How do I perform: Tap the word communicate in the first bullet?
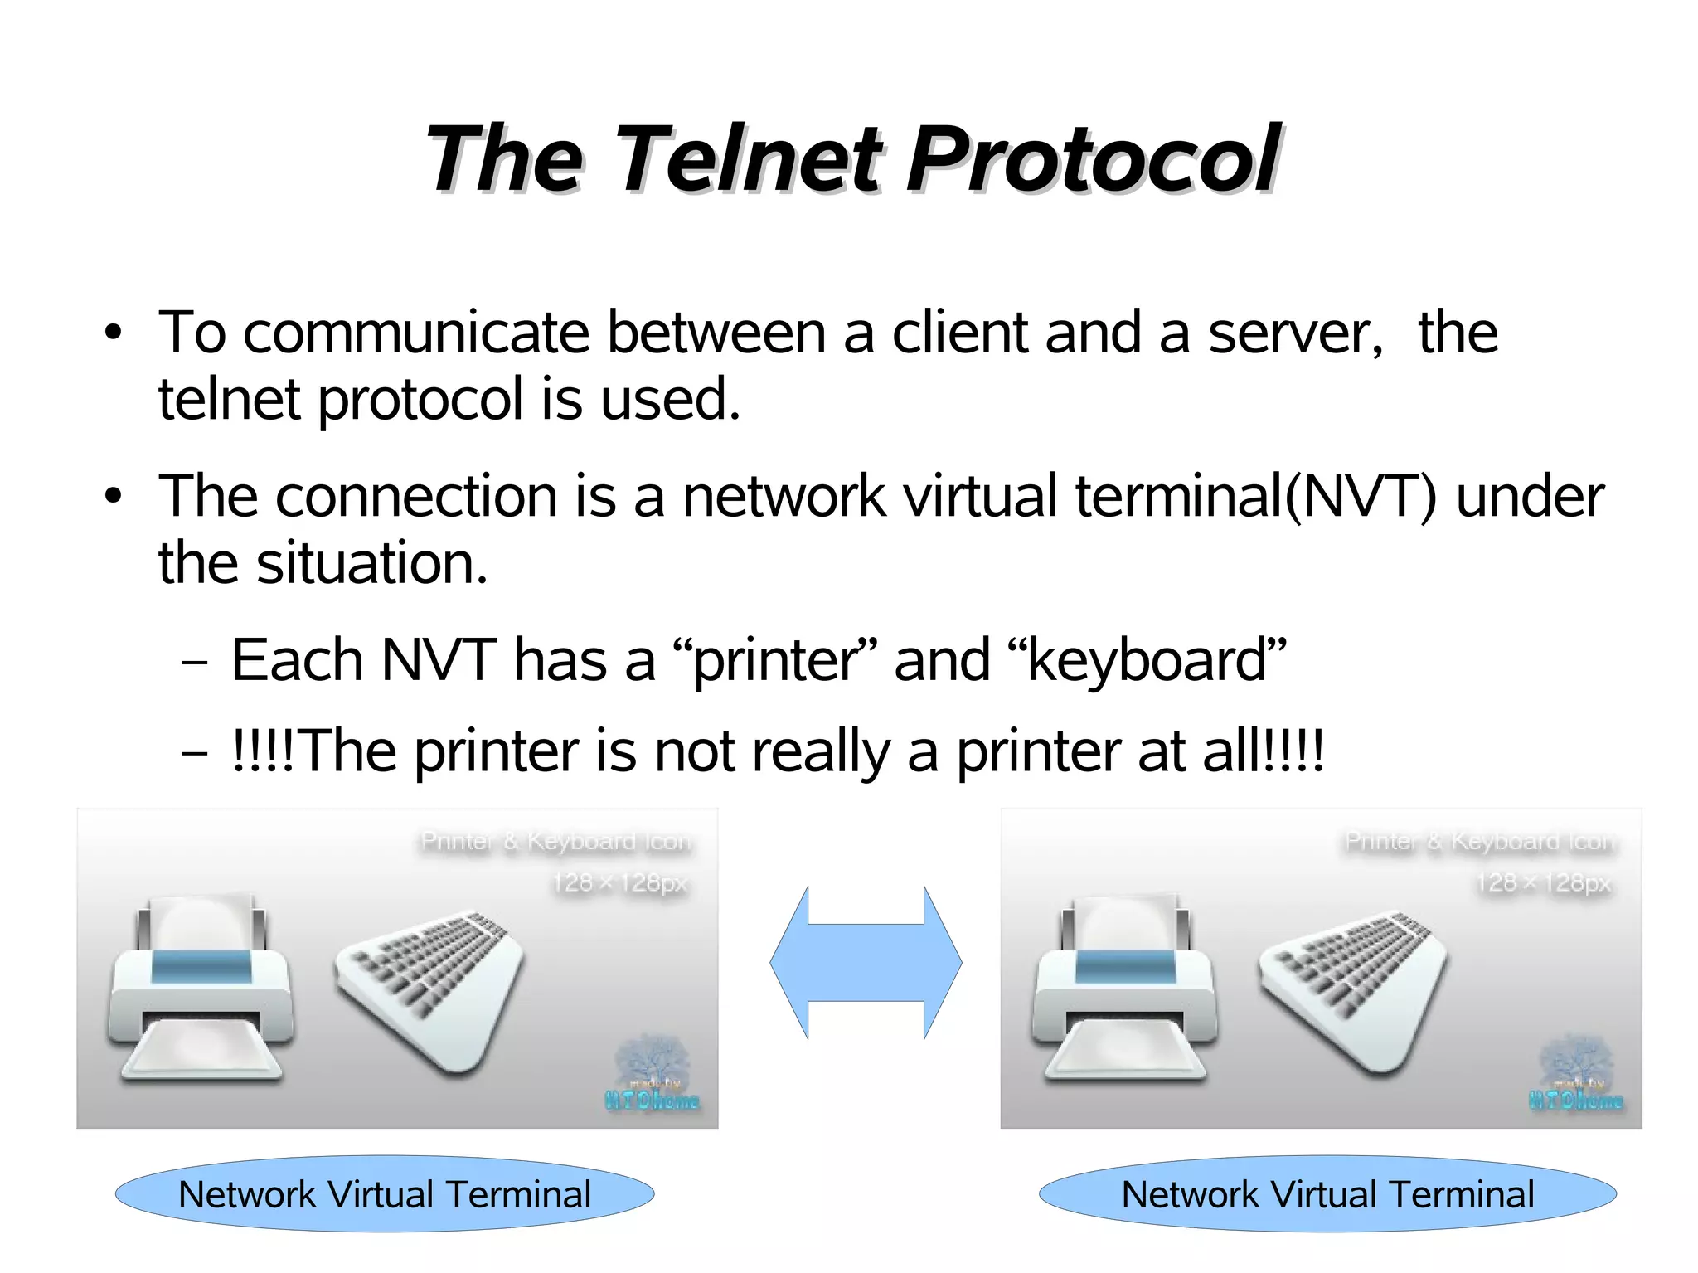[416, 333]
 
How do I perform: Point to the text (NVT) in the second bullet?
[1361, 497]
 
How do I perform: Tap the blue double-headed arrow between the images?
[866, 962]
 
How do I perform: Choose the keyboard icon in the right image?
[1354, 987]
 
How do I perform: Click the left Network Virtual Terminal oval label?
[385, 1194]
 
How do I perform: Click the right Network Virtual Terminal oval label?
[1327, 1194]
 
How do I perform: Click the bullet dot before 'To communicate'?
[114, 333]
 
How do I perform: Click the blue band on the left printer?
[201, 967]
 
